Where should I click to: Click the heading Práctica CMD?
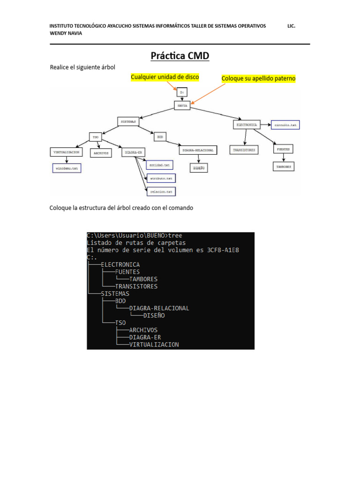[180, 56]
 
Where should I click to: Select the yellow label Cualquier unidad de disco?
[165, 76]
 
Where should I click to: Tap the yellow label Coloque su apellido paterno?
[258, 78]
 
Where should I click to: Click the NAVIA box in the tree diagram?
[182, 106]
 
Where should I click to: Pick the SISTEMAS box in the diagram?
[128, 121]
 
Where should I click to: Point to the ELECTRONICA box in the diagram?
[246, 125]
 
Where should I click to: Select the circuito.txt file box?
[285, 125]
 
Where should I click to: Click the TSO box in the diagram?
[96, 137]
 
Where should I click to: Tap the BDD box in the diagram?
[160, 137]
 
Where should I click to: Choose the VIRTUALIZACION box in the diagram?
[67, 152]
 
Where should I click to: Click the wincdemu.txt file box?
[66, 167]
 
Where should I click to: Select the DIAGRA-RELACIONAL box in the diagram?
[198, 150]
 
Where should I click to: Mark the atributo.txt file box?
[160, 179]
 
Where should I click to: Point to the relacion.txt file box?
[160, 191]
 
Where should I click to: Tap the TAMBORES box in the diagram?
[284, 166]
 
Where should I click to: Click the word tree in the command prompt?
[175, 235]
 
